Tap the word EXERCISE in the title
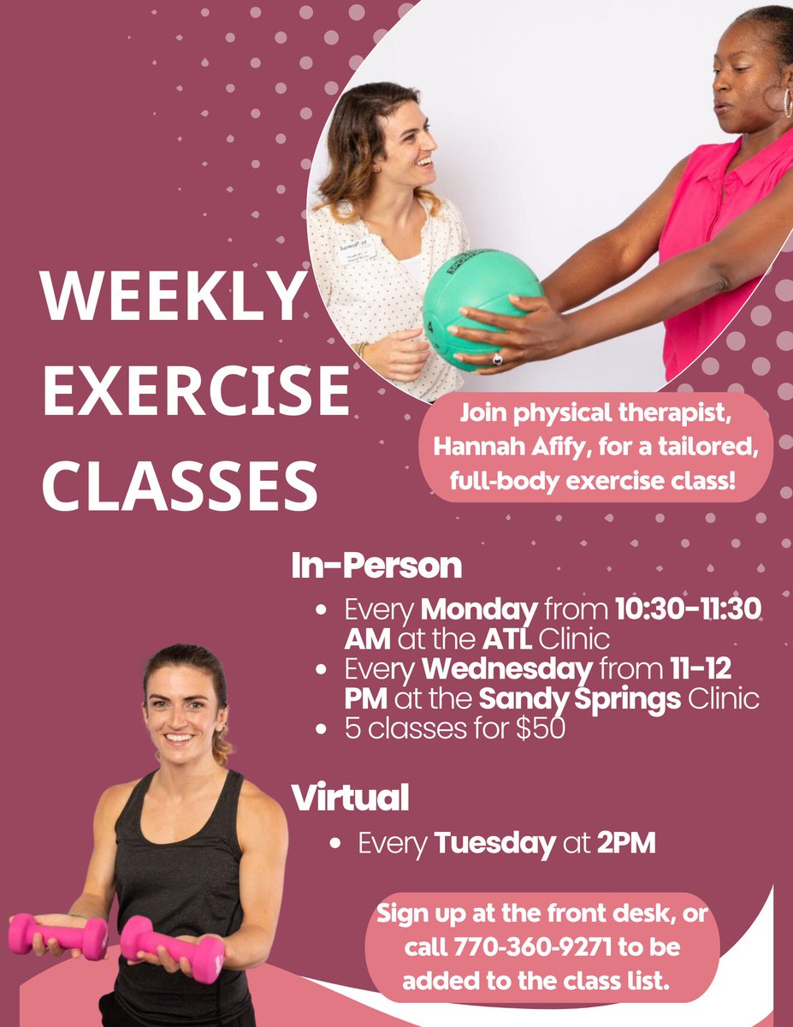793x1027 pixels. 196,390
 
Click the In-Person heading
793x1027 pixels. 376,567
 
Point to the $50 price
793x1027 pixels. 539,731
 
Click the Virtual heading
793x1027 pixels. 350,798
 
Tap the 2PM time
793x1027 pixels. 626,844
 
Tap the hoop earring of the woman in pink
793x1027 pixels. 783,101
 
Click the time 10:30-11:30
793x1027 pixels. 689,612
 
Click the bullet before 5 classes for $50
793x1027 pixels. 322,731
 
